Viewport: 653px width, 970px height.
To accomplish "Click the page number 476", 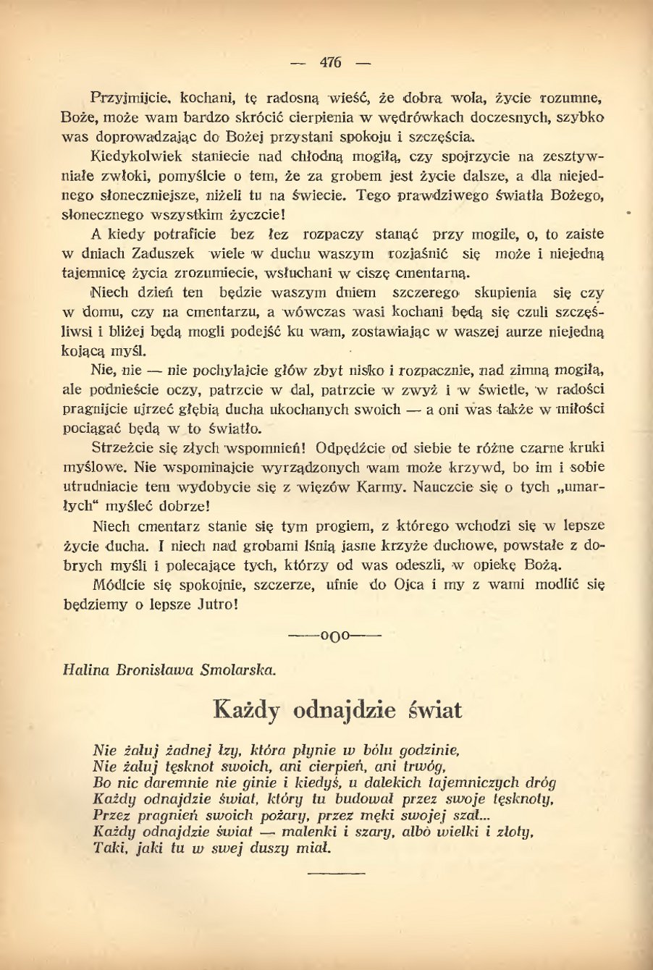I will tap(329, 62).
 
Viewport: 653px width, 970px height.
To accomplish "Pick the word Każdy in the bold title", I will tap(247, 710).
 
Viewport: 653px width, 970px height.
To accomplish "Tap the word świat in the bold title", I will tap(434, 710).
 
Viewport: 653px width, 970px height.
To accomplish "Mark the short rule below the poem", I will tap(336, 874).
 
